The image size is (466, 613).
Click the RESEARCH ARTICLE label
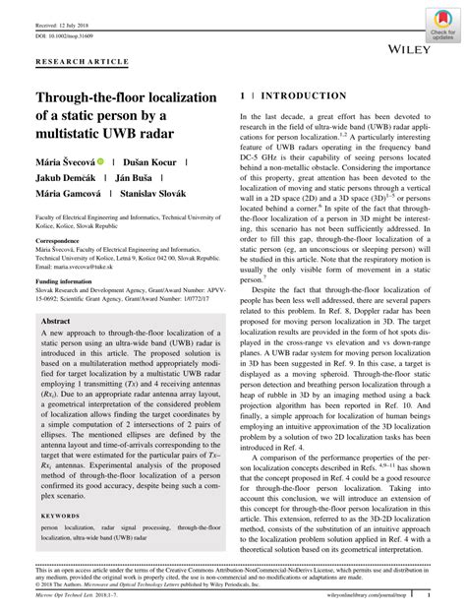[x=82, y=61]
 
